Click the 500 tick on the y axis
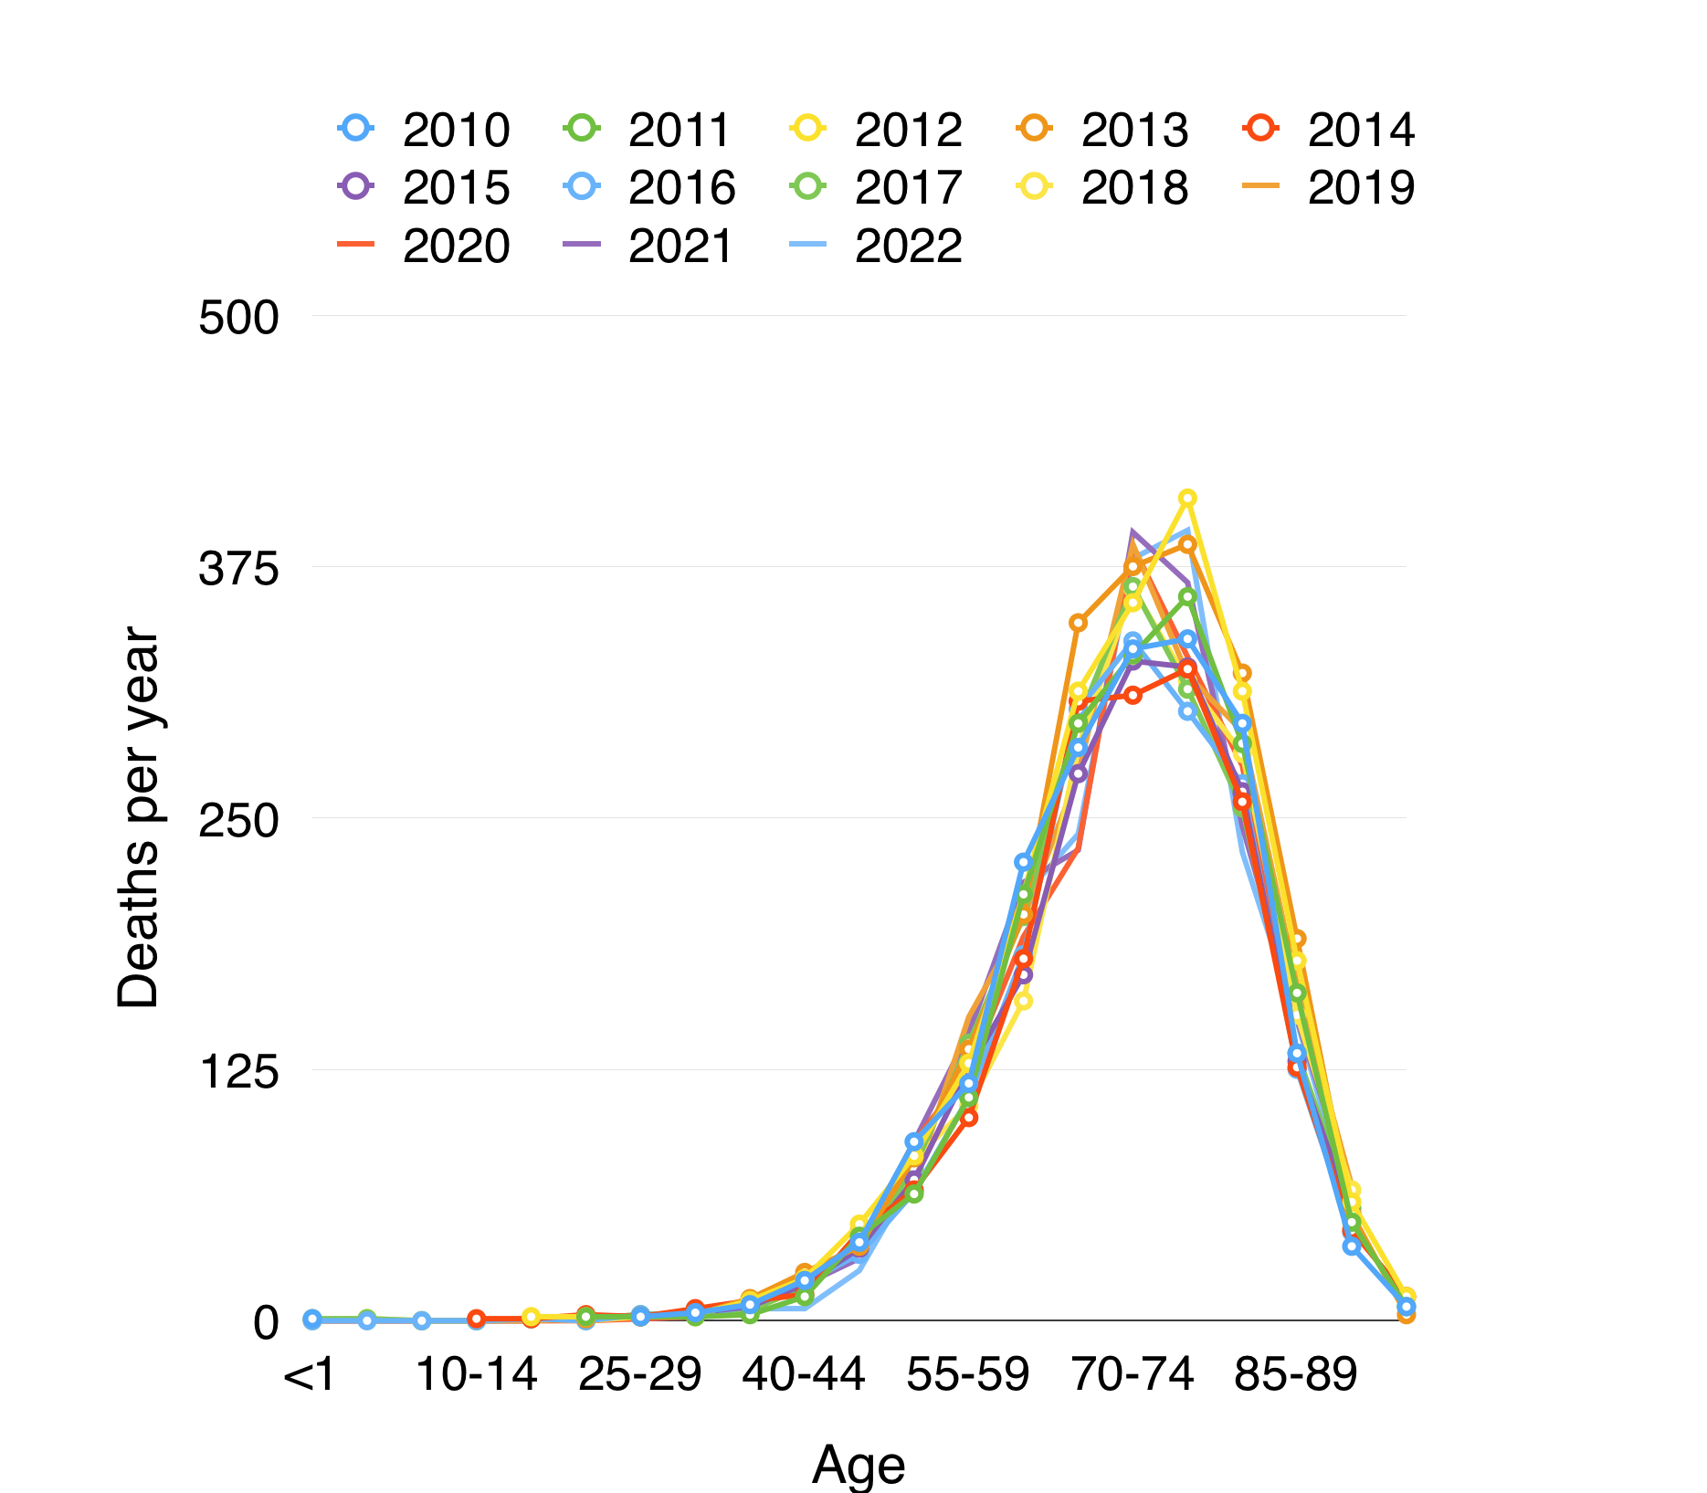coord(238,319)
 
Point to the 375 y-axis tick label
coord(238,570)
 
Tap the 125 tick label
coord(238,1071)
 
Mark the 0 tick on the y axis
coord(265,1322)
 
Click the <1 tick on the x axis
coord(311,1375)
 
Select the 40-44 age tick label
coord(804,1375)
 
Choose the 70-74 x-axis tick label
coord(1133,1375)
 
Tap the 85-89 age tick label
coord(1296,1375)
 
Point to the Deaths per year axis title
coord(138,817)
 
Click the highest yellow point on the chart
coord(1187,499)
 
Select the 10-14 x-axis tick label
coord(476,1375)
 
